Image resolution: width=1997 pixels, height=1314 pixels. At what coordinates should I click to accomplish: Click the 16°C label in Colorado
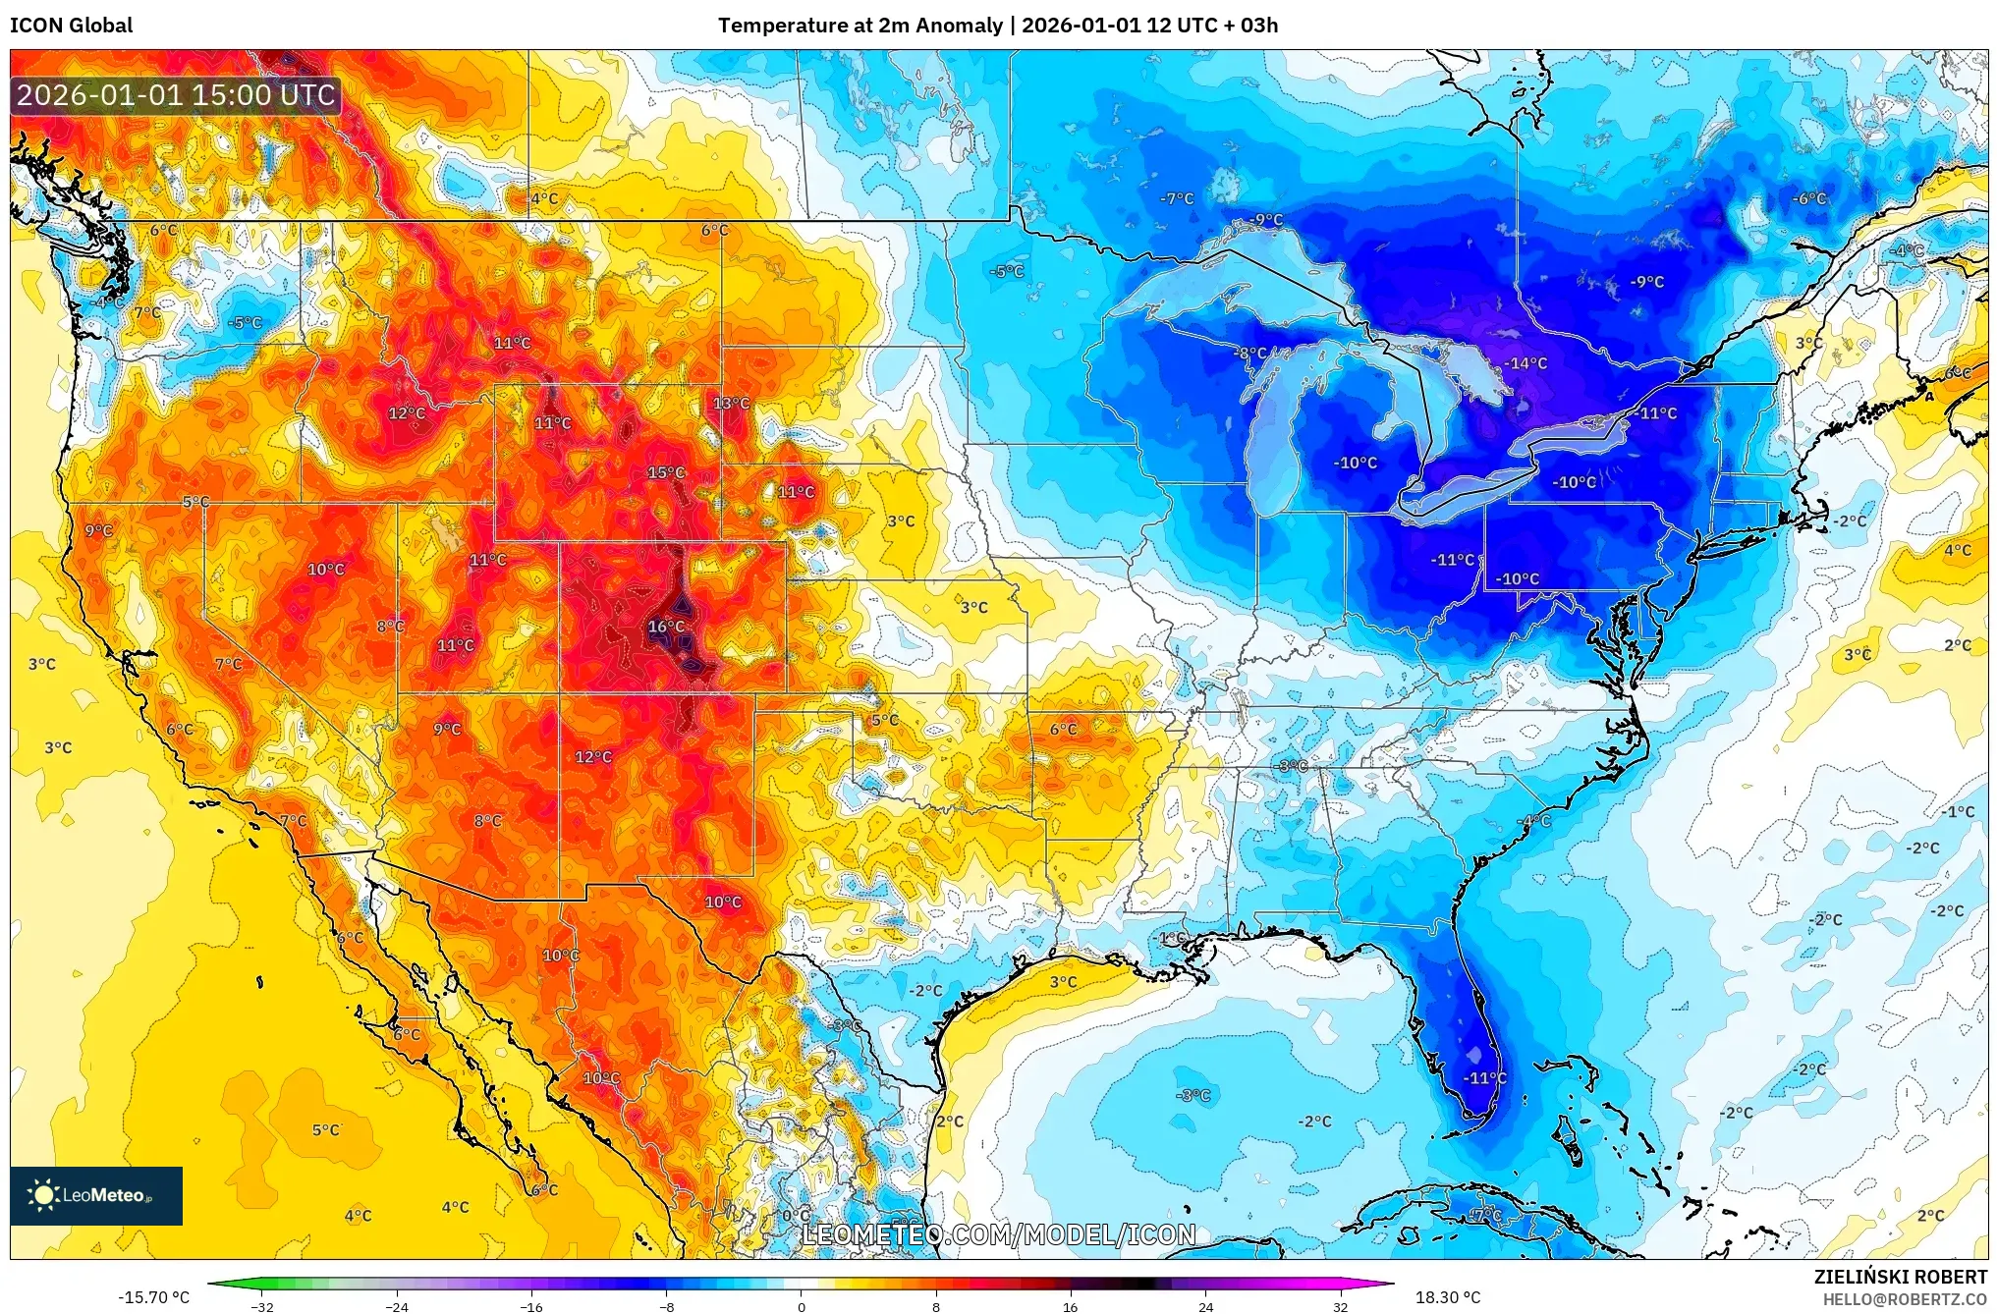(x=666, y=627)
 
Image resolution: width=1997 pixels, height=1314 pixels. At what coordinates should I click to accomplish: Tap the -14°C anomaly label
(x=1525, y=363)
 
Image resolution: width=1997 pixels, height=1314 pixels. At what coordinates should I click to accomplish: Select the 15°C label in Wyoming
(x=666, y=473)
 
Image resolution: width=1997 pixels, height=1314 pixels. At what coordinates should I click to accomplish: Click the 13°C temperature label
(x=731, y=404)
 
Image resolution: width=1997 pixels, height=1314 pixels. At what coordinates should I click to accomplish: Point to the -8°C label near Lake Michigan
(x=1250, y=354)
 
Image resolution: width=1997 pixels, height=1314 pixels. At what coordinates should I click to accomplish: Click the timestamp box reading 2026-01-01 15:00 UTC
(x=176, y=95)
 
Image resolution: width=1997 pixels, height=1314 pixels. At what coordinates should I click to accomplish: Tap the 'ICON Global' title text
(x=71, y=26)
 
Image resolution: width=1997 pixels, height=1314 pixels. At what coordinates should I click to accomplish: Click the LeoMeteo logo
(x=95, y=1196)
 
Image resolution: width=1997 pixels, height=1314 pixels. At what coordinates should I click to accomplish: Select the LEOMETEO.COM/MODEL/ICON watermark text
(x=998, y=1235)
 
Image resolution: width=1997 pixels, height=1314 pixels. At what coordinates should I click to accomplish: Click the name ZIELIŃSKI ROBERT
(x=1900, y=1278)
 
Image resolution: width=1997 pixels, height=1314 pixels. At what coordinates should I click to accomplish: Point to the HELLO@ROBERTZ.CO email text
(x=1905, y=1300)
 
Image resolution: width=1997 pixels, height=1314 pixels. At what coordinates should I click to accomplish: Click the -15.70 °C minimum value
(x=153, y=1298)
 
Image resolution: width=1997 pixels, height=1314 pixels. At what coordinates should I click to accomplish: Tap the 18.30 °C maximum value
(x=1448, y=1298)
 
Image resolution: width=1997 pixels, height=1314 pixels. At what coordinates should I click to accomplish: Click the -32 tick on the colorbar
(x=261, y=1307)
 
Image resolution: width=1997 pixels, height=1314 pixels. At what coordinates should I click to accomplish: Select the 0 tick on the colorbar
(x=802, y=1307)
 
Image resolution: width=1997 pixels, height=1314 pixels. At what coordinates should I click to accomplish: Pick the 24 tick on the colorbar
(x=1206, y=1307)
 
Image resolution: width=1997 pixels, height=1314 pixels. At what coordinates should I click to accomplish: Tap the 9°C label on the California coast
(x=98, y=531)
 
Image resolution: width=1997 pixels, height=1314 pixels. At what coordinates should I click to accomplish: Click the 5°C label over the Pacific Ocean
(x=325, y=1130)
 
